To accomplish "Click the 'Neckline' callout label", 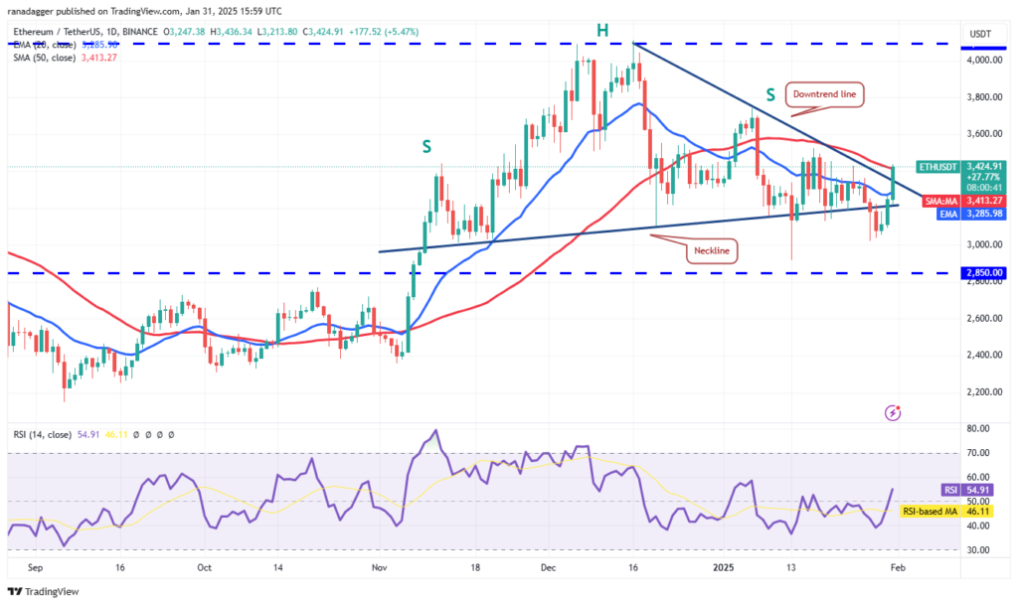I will [x=711, y=251].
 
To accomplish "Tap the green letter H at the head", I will [x=601, y=31].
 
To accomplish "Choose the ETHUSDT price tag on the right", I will [x=936, y=167].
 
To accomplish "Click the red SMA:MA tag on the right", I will [x=938, y=201].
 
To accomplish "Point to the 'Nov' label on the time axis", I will [x=378, y=568].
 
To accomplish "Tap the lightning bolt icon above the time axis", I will [x=893, y=411].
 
